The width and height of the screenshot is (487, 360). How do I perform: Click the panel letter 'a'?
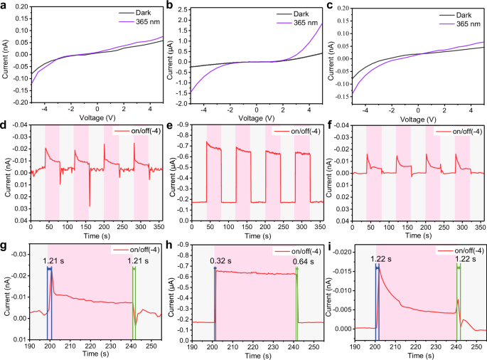click(x=5, y=6)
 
